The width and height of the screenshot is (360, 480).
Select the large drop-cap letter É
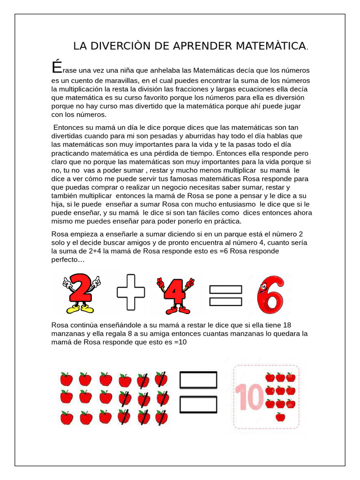[x=56, y=67]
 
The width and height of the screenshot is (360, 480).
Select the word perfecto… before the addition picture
[x=68, y=260]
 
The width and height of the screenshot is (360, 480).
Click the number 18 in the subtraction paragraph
[x=287, y=325]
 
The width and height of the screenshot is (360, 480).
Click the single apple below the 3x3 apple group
[x=280, y=417]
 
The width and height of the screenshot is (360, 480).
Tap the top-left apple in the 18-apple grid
[x=67, y=379]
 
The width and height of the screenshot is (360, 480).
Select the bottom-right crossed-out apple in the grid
[x=161, y=416]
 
